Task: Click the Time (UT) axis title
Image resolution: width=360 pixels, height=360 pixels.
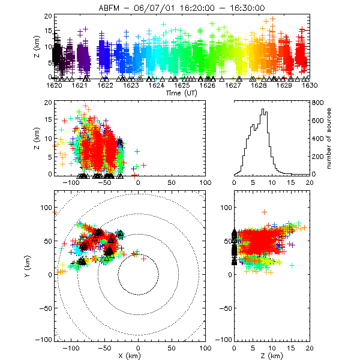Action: (x=182, y=94)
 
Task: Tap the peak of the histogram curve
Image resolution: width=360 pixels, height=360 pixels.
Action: (x=262, y=110)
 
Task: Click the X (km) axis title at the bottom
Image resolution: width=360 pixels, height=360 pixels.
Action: (x=139, y=355)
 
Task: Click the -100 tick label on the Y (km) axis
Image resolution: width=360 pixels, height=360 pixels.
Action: (x=45, y=340)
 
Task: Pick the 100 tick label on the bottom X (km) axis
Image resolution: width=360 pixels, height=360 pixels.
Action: (x=206, y=347)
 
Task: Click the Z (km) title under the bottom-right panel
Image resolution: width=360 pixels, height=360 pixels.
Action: (x=272, y=355)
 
